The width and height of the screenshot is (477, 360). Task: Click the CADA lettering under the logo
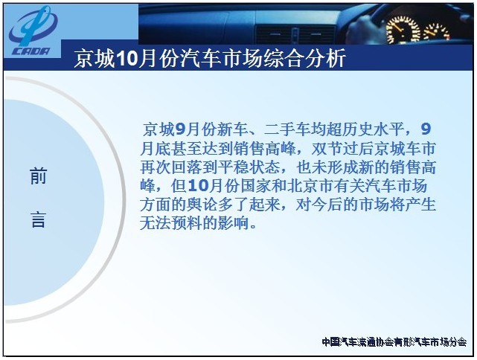click(31, 51)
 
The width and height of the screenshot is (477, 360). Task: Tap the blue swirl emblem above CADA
click(33, 27)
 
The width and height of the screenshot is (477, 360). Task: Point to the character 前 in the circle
click(39, 176)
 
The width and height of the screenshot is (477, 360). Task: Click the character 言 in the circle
click(39, 220)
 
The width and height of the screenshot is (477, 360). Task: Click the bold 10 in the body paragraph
click(198, 186)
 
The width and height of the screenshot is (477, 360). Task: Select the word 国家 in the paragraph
click(256, 186)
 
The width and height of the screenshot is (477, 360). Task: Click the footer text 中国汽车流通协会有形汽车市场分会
click(394, 342)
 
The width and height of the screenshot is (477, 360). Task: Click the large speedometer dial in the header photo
click(402, 30)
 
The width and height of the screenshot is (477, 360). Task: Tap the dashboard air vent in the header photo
click(295, 34)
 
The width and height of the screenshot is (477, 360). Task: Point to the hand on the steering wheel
click(362, 28)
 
